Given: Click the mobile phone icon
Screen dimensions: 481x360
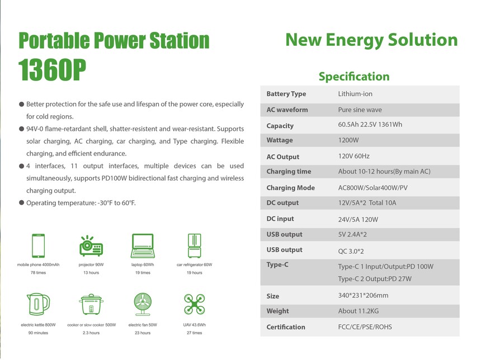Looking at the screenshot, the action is (x=39, y=245).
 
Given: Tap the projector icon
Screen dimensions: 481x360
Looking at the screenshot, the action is (x=91, y=245).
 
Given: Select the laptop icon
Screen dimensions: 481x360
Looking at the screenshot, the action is (x=143, y=245).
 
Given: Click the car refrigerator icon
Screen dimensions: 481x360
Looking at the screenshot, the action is (x=195, y=245).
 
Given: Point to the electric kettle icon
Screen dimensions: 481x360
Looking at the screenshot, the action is (x=38, y=304).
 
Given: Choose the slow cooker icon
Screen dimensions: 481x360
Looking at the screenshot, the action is (x=91, y=304).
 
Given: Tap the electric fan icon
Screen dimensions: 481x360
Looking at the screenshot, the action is (x=143, y=304).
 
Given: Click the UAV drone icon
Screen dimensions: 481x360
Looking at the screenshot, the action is (x=195, y=304).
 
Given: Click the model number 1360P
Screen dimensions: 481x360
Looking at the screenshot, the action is (x=52, y=70).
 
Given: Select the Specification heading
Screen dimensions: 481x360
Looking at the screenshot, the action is (x=354, y=77).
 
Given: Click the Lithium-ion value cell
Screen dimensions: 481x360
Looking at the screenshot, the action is (x=355, y=94).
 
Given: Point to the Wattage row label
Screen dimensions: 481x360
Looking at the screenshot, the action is (x=280, y=140).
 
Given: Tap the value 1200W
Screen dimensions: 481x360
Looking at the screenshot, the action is (x=348, y=140).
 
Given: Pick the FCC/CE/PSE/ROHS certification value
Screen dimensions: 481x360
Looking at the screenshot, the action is (x=365, y=327).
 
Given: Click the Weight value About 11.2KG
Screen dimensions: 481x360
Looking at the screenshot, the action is (x=359, y=311).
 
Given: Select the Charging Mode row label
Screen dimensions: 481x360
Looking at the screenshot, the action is (x=290, y=188).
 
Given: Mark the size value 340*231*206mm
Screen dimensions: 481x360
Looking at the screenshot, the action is (x=363, y=295).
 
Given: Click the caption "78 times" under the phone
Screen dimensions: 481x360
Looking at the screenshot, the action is (x=39, y=273).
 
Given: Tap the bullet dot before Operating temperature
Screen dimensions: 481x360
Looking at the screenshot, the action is (x=21, y=203).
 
